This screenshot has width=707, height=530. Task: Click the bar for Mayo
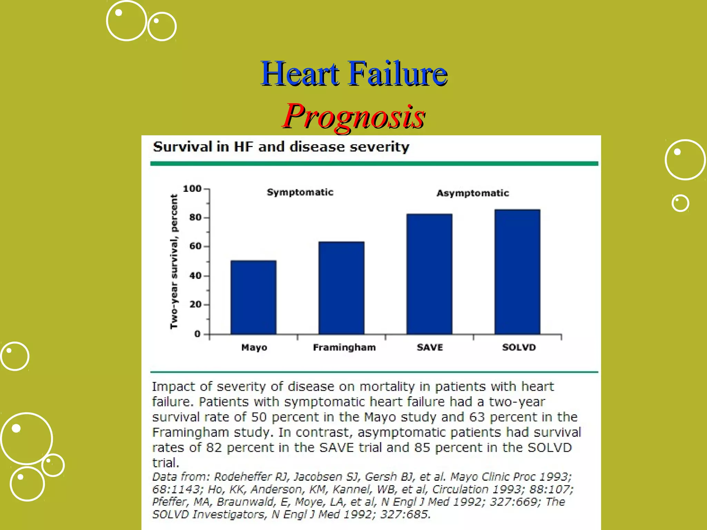click(x=253, y=297)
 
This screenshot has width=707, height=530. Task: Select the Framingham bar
click(x=341, y=288)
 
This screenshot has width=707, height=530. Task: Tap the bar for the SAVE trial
click(x=429, y=274)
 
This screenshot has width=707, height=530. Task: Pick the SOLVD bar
click(x=517, y=272)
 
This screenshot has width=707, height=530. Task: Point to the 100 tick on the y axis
click(x=192, y=189)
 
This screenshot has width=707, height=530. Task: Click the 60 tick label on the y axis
click(x=195, y=246)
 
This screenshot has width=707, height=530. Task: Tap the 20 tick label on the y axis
click(x=195, y=305)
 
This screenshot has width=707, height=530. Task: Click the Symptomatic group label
click(x=300, y=192)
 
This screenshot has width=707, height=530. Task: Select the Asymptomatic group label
click(x=473, y=193)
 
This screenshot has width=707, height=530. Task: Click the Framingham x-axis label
click(x=344, y=347)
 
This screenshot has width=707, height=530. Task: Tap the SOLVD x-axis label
click(x=519, y=347)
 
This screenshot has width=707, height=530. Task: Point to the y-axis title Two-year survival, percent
click(x=174, y=262)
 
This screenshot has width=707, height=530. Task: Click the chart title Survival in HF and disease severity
click(x=281, y=147)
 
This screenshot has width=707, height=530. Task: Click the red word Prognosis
click(x=354, y=116)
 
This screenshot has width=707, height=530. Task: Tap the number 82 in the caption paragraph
click(x=214, y=448)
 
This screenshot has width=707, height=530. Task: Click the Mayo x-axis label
click(x=254, y=347)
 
